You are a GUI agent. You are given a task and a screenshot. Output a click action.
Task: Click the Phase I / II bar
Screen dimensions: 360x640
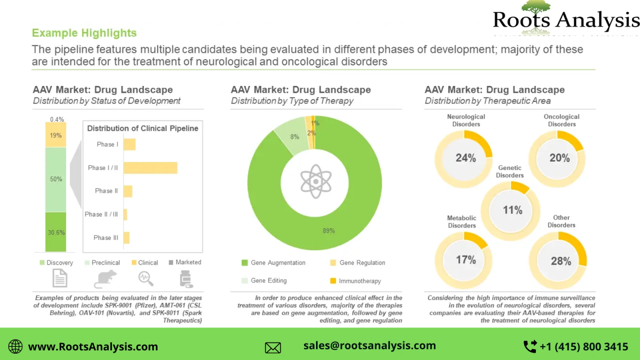150,168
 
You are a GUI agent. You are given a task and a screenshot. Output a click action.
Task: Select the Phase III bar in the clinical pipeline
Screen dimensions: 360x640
127,238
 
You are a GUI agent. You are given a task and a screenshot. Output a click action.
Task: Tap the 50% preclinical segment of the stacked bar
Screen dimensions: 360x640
56,179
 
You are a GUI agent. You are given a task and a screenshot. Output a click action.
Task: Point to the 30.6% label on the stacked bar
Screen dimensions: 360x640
56,232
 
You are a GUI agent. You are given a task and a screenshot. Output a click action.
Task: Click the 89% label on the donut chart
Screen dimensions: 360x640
329,231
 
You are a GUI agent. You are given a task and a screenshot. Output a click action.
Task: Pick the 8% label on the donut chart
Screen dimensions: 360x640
295,137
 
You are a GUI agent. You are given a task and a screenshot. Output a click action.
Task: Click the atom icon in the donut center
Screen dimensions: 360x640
316,182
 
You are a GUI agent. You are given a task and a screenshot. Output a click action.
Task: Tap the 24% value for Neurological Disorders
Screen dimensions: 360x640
466,158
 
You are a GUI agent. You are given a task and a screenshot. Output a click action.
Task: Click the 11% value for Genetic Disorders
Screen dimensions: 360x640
512,210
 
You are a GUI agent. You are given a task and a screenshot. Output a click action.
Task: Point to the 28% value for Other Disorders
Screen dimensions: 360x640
561,261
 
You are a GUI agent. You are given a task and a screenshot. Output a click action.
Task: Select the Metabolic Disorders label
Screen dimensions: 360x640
462,222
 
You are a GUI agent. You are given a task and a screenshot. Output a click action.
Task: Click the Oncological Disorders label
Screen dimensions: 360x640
562,120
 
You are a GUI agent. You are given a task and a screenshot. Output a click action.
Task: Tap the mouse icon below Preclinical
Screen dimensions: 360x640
105,279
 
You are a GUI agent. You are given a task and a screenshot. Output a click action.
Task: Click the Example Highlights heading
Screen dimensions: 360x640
84,33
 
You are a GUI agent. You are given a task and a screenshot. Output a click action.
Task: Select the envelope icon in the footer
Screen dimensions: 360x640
273,348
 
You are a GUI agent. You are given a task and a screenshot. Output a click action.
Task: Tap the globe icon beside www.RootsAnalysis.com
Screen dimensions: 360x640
15,347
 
